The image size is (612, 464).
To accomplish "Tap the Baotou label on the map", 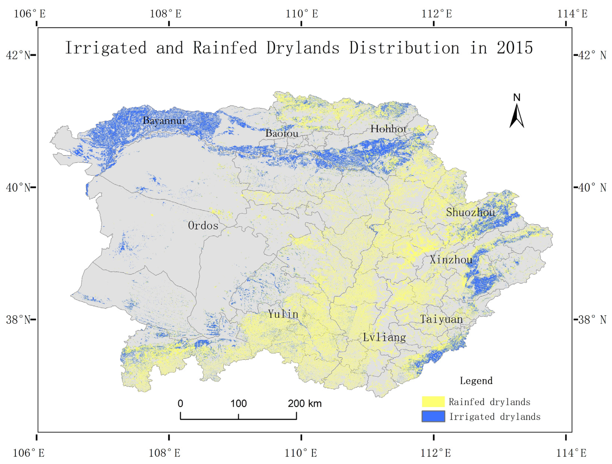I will click(282, 133).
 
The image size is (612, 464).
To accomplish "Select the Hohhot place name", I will click(388, 129).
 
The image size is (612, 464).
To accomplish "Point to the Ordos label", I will click(203, 226).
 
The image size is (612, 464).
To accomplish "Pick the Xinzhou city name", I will click(451, 259).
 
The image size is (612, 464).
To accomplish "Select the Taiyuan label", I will click(441, 319).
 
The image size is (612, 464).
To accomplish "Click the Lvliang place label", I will click(384, 337).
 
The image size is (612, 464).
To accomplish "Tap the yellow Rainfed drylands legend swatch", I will click(433, 401).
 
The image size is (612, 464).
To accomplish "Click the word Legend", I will click(476, 381).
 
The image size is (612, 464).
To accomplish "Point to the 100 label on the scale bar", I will click(238, 404).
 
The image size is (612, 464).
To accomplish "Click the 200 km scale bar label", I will click(305, 404).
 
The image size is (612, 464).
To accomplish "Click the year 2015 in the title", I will click(515, 48).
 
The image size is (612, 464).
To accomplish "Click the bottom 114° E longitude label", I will click(571, 453).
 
